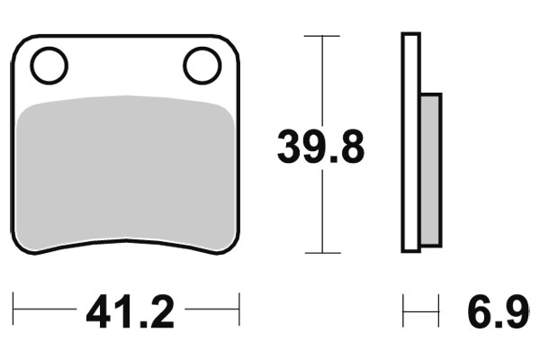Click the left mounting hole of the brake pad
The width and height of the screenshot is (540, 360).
[x=49, y=65]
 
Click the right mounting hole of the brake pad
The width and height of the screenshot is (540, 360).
[x=202, y=65]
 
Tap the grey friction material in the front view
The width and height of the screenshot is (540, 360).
[x=126, y=171]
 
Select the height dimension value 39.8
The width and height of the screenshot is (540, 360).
[x=320, y=147]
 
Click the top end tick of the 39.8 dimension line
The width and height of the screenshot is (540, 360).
[x=321, y=36]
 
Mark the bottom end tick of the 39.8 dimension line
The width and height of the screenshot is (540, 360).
[x=321, y=253]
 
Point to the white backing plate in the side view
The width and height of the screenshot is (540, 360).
[x=411, y=144]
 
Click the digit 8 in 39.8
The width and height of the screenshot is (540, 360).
[x=349, y=147]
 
